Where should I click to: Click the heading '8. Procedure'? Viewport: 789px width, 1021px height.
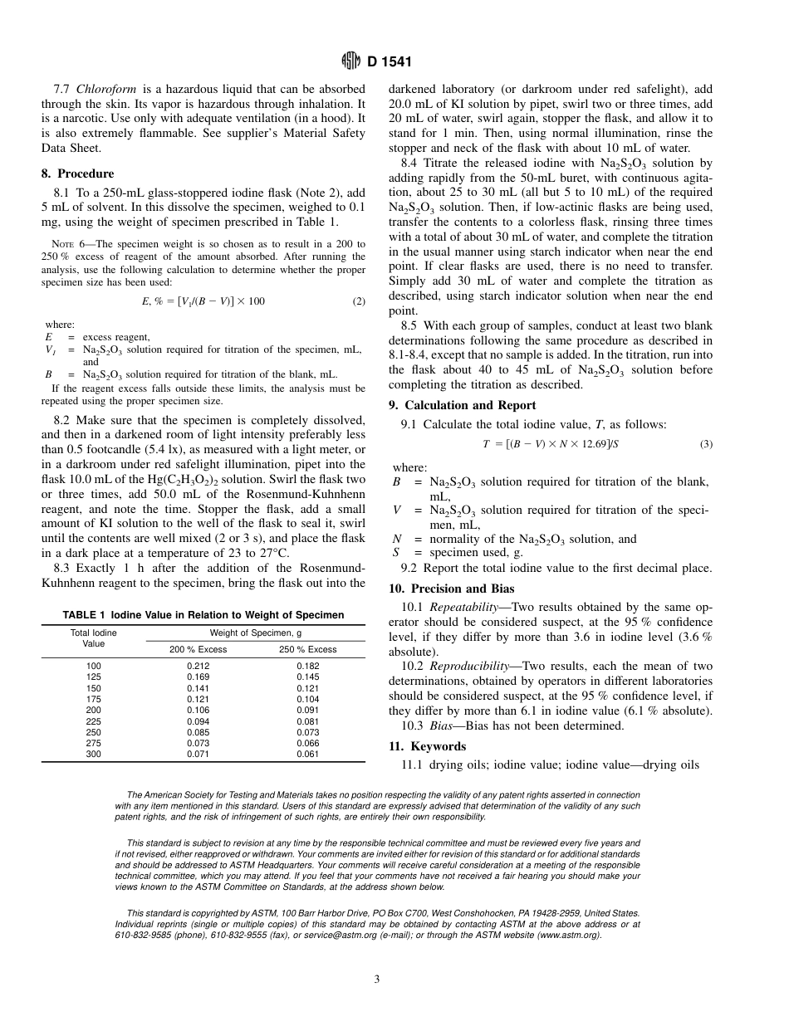pos(78,173)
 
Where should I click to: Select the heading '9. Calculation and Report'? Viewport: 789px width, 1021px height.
pos(463,405)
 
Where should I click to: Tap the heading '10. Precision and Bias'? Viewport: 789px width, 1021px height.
pos(452,589)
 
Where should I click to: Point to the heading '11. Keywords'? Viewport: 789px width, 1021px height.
pos(428,746)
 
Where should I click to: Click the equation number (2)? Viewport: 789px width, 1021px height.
pos(359,301)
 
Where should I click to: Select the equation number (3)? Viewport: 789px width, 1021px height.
pos(706,444)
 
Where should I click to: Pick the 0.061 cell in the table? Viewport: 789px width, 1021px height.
pos(308,755)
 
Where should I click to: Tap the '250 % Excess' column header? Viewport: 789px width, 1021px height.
pos(308,649)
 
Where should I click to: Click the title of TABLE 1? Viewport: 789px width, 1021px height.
pos(203,615)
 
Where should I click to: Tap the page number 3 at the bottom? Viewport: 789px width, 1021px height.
pos(377,979)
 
